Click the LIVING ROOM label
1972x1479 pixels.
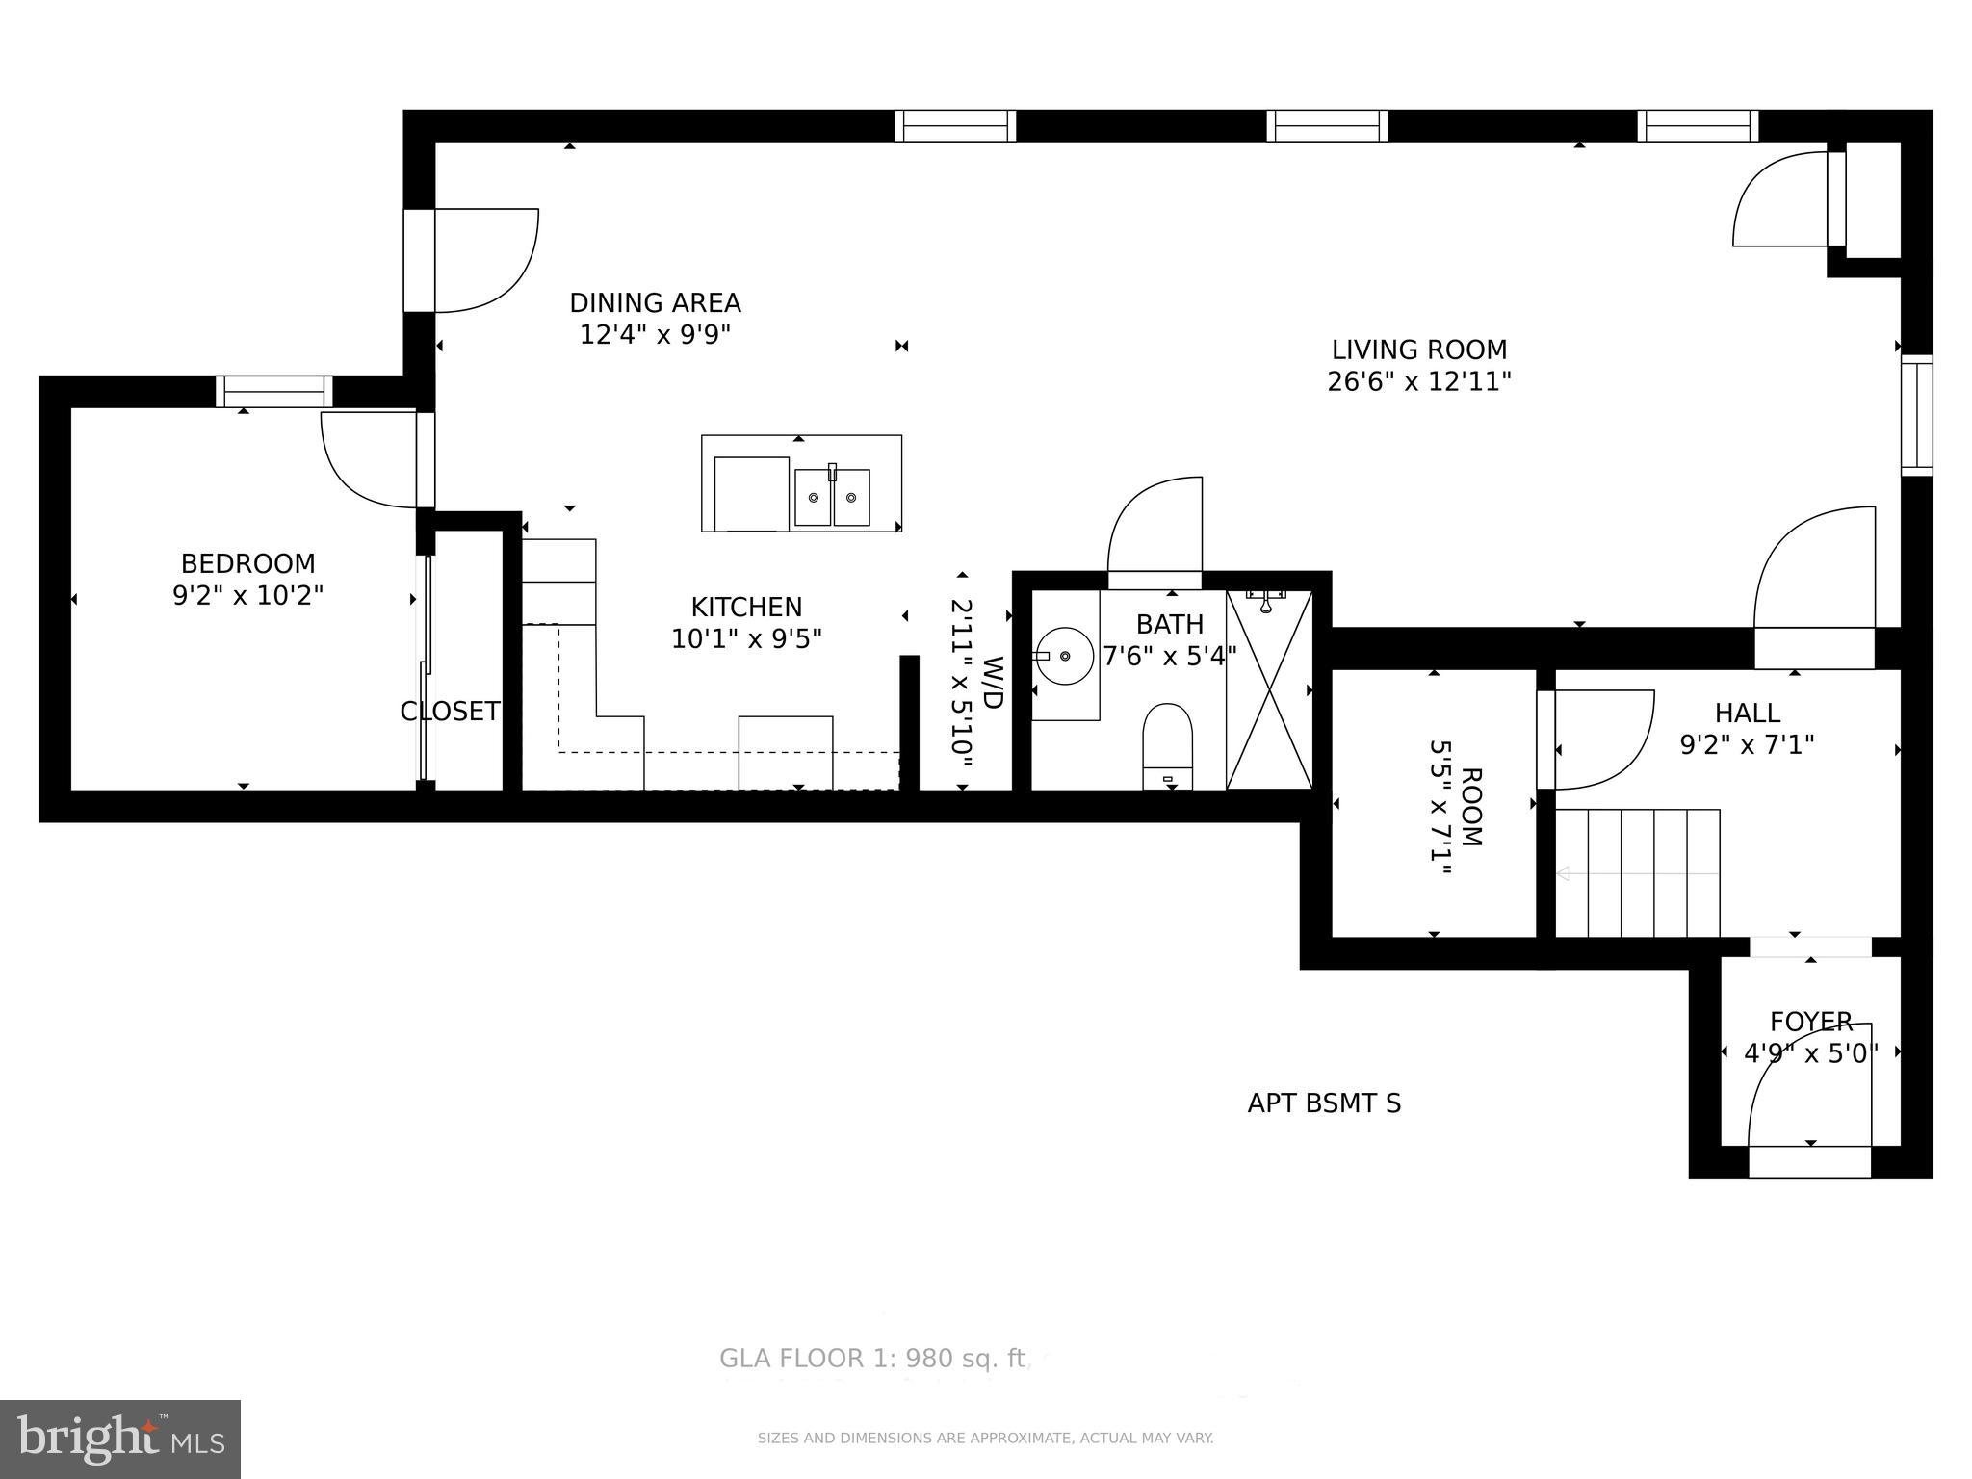point(1418,350)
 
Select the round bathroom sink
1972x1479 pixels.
point(1064,656)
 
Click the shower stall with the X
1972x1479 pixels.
point(1269,689)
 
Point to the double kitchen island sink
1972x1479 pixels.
point(832,497)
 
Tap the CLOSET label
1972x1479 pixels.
point(450,712)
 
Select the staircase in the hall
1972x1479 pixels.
point(1638,872)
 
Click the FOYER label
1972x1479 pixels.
point(1810,1021)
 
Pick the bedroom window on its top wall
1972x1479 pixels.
point(274,392)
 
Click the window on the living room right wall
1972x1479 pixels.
point(1916,415)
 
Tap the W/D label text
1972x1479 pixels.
point(993,682)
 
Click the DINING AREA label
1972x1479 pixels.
point(655,303)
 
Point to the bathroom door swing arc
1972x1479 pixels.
point(1154,525)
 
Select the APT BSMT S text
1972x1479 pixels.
point(1324,1103)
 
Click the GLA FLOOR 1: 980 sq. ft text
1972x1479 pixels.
point(872,1359)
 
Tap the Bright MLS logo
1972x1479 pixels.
point(120,1439)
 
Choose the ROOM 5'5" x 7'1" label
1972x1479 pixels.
point(1455,806)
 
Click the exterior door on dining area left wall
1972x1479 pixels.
point(420,260)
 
